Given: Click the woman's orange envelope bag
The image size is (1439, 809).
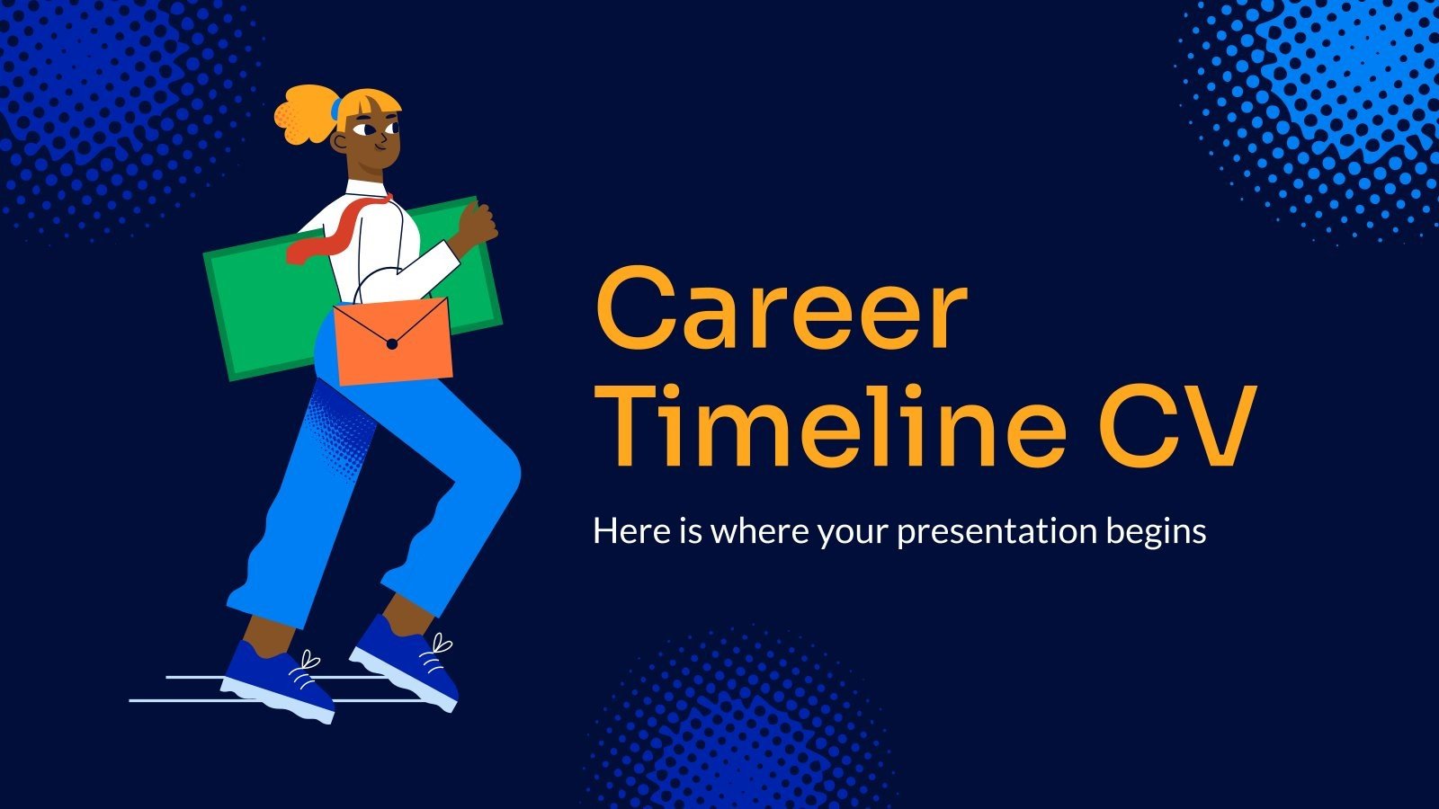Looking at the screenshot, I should point(393,342).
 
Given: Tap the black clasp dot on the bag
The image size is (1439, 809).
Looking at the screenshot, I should point(391,344).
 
